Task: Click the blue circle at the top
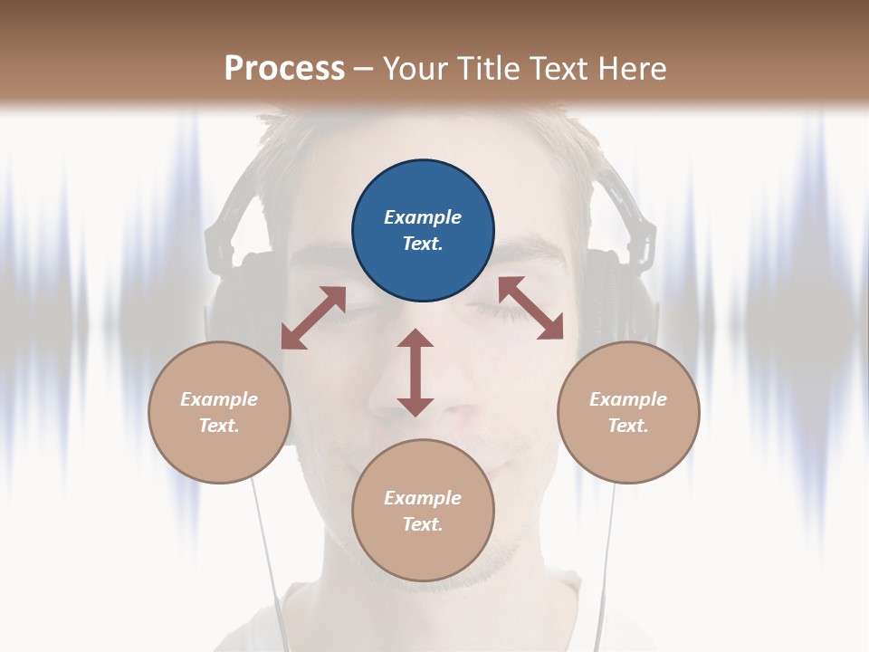click(423, 231)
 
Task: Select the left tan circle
click(219, 412)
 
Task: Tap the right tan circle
click(628, 412)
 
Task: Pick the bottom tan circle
click(423, 511)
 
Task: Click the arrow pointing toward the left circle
click(313, 318)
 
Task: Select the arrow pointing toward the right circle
click(531, 308)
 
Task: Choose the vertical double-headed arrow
click(415, 372)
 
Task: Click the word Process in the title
click(284, 68)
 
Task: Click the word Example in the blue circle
click(423, 217)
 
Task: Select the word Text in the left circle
click(219, 426)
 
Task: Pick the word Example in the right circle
click(628, 399)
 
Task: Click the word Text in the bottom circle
click(423, 524)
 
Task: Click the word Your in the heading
click(415, 68)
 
